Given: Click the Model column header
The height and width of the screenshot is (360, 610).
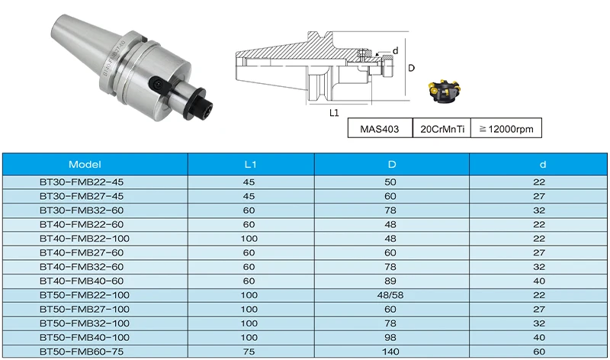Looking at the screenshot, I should coord(85,164).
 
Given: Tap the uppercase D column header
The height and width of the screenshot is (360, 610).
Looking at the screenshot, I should coord(391,164).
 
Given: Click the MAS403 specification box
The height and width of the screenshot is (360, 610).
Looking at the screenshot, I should coord(379,128).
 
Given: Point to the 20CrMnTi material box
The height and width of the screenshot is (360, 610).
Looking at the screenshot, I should coord(441,128).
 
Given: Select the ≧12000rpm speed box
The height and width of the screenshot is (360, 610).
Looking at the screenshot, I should coord(506,128).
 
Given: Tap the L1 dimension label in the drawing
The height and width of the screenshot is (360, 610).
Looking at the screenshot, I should coord(333,113).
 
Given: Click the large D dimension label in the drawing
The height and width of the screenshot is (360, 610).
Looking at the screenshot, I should coord(411,68).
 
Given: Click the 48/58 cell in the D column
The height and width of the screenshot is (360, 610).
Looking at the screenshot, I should coord(391,295).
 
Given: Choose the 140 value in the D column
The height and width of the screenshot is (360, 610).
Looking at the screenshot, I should coord(391,352).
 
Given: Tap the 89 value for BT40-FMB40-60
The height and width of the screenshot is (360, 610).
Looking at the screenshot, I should coord(391,281).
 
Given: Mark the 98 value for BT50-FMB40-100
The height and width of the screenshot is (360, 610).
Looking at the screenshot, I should coord(391,337).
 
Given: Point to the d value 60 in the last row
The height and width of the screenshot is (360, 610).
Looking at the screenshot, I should coord(540,352).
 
